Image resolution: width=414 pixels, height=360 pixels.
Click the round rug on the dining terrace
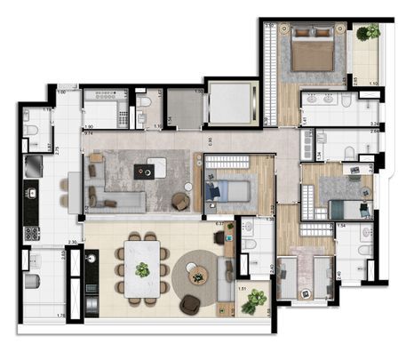[x=197, y=276]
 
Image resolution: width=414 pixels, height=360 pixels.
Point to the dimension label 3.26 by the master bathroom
[x=375, y=124]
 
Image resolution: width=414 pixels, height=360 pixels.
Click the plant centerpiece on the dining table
[x=142, y=268]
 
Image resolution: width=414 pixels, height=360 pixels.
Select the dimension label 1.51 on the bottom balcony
[x=243, y=287]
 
